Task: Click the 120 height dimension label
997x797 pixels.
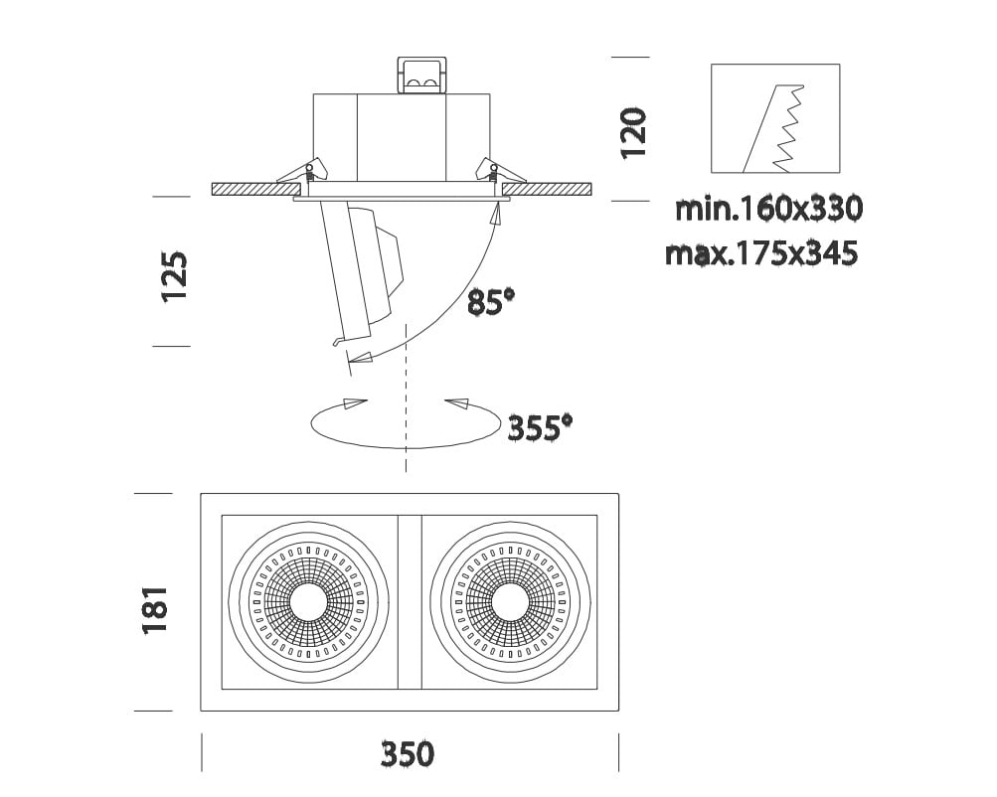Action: [634, 133]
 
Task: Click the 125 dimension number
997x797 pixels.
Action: [175, 277]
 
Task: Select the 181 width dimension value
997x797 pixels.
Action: [154, 610]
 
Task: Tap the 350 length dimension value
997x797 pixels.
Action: [408, 754]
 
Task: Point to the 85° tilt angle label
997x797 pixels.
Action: [491, 302]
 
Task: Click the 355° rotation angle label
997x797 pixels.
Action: [540, 427]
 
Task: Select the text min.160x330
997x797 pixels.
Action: [768, 209]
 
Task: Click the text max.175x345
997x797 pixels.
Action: [761, 253]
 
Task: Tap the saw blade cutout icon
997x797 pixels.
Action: [775, 118]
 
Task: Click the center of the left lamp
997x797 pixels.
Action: [308, 601]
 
